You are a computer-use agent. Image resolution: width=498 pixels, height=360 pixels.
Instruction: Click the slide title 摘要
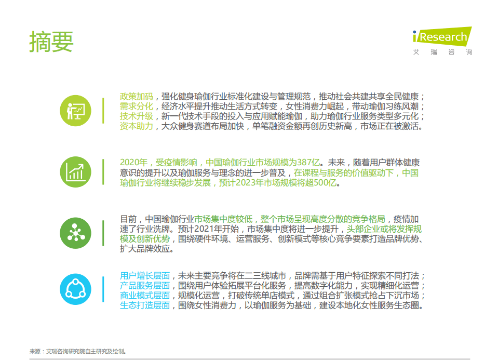(x=51, y=42)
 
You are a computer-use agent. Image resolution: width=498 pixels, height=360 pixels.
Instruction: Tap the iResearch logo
(x=442, y=36)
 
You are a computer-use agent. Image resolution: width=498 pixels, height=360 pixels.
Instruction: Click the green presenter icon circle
(x=75, y=110)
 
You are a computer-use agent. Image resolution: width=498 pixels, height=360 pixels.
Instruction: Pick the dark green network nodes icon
(x=75, y=232)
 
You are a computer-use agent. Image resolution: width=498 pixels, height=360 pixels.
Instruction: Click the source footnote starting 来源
(x=78, y=351)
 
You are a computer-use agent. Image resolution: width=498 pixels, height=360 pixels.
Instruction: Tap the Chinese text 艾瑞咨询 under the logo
(x=442, y=52)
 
